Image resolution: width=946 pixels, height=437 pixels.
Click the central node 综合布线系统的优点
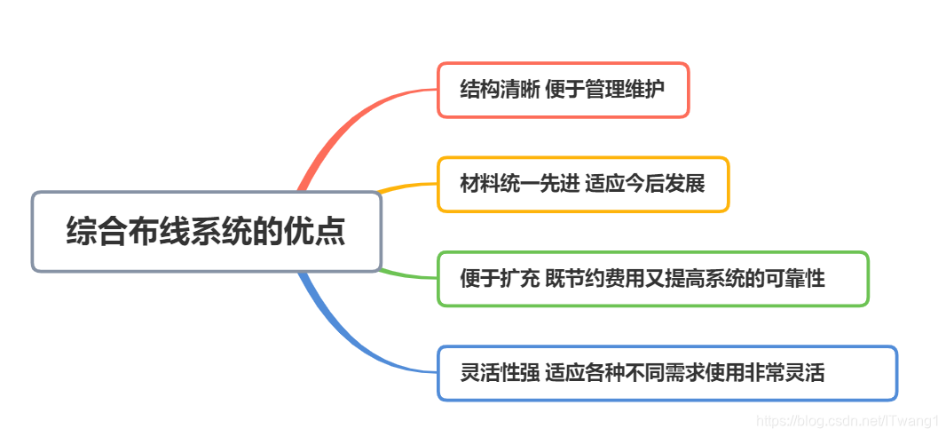coord(206,232)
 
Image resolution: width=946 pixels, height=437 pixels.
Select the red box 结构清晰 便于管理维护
coord(563,90)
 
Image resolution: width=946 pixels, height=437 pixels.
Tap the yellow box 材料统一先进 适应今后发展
coord(582,185)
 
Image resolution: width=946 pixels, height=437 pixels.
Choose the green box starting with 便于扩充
coord(652,279)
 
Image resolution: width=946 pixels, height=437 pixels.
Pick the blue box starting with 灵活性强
coord(666,373)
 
